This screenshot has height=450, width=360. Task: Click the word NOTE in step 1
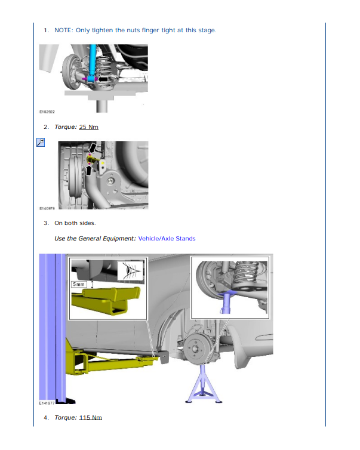tap(63, 30)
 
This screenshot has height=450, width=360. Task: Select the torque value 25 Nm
tap(88, 127)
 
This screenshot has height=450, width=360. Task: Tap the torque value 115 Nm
tap(90, 417)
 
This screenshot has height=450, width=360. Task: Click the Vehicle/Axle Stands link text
tap(167, 239)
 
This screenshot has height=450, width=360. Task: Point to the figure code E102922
tap(48, 112)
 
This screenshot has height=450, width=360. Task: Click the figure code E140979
tap(48, 209)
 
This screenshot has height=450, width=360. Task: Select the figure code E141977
tap(48, 403)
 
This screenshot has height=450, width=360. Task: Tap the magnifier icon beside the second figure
tap(41, 142)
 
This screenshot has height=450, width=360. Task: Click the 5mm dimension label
tap(79, 285)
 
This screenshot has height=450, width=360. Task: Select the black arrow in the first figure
tap(105, 78)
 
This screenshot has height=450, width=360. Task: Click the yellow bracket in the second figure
tap(103, 162)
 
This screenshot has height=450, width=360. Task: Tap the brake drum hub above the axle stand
tap(195, 347)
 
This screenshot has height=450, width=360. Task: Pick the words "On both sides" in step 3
tap(75, 223)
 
